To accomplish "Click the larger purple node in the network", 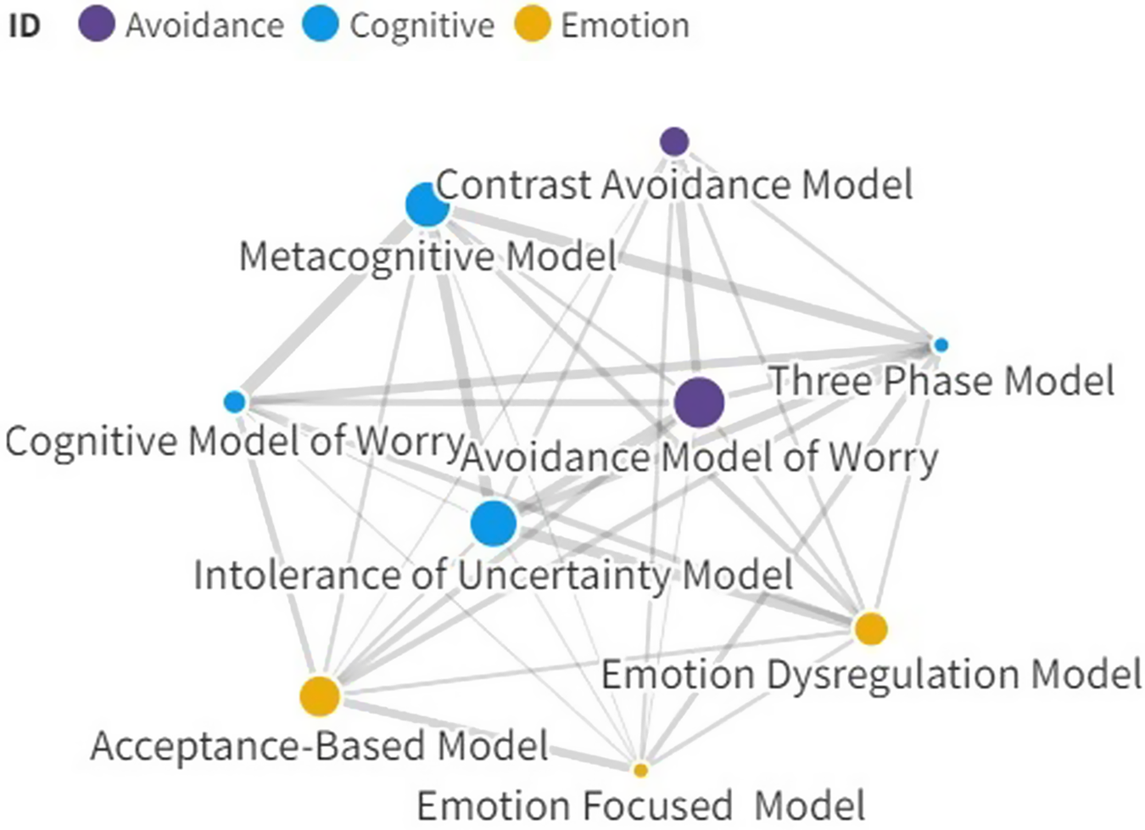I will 699,402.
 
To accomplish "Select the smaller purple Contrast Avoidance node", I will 674,141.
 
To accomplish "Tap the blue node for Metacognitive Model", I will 427,205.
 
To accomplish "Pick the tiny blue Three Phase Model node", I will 940,345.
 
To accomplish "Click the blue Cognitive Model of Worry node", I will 235,401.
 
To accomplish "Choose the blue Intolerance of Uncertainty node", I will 494,523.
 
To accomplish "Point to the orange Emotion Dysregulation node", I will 871,629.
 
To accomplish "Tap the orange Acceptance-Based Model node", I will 320,696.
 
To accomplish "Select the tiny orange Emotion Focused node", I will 640,770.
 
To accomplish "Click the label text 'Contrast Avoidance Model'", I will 674,185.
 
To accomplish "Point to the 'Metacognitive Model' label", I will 428,256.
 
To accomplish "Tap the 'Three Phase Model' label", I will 941,380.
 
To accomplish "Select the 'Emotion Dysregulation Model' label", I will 871,676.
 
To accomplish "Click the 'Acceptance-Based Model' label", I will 320,746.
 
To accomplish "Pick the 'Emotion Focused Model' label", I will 641,805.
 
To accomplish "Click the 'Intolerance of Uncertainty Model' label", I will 494,575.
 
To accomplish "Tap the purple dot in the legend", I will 97,25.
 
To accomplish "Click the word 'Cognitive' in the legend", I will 422,25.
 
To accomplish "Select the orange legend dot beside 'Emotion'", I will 533,25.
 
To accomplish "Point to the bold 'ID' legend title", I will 25,25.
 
